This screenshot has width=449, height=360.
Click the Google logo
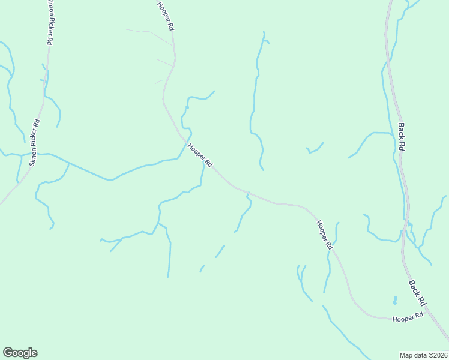click(x=20, y=353)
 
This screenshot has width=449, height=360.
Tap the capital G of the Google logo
click(x=8, y=353)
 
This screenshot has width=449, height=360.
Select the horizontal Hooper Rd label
click(x=408, y=317)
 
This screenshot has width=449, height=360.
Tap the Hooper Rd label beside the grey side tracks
click(x=166, y=16)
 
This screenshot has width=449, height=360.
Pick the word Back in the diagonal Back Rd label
click(x=414, y=287)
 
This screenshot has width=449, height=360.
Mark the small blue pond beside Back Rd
click(x=394, y=299)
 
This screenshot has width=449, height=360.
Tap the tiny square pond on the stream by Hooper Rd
click(x=187, y=108)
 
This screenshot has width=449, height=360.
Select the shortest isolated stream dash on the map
click(x=202, y=268)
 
